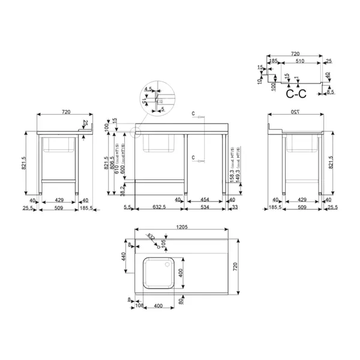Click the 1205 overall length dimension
point(182,227)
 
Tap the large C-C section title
point(296,94)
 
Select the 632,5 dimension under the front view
point(158,208)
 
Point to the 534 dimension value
point(204,208)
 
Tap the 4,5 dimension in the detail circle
point(148,89)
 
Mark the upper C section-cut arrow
point(197,116)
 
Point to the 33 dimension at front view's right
point(235,208)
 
